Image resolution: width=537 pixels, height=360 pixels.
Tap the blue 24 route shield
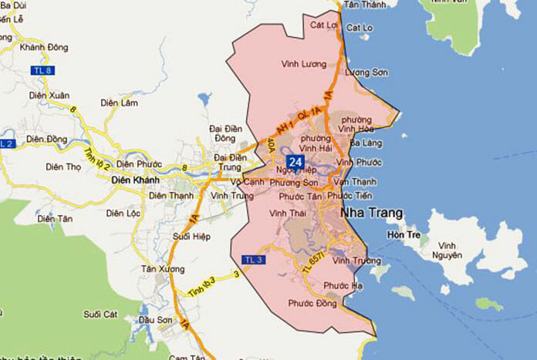click(293, 161)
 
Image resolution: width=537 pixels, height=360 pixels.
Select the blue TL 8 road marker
click(43, 71)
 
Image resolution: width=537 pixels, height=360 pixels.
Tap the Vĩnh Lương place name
click(300, 64)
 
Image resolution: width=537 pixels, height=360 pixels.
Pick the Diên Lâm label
click(118, 102)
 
